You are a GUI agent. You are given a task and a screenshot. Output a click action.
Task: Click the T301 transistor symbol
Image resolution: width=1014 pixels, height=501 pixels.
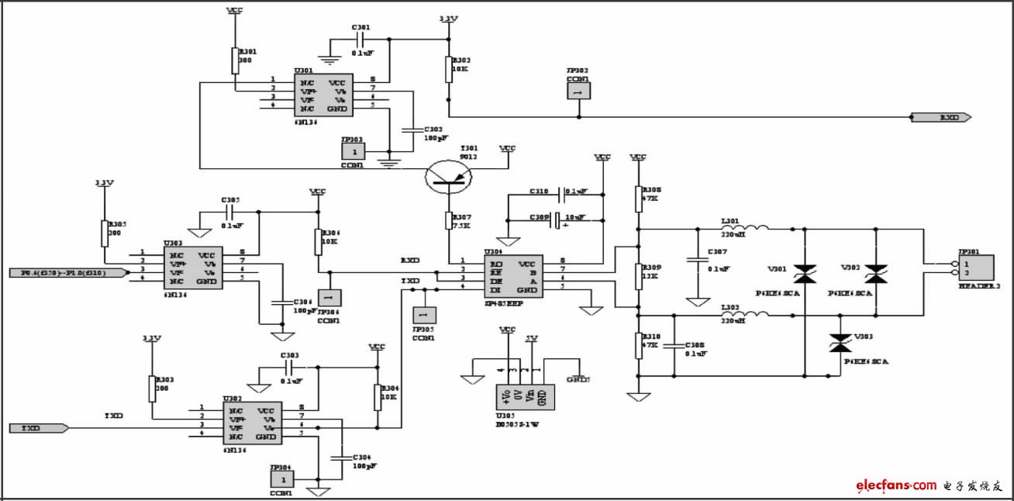point(449,178)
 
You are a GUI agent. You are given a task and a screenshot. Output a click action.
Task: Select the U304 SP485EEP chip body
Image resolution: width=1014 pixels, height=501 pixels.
point(513,276)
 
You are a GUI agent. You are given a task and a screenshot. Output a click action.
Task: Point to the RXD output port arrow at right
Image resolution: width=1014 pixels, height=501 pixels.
point(941,118)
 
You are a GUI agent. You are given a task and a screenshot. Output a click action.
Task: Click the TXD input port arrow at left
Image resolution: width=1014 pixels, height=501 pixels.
point(39,428)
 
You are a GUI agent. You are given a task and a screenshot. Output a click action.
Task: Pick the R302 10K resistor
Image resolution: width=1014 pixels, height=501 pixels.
point(448,69)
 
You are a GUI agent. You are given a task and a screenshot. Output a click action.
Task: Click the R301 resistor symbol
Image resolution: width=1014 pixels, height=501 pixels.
point(235,60)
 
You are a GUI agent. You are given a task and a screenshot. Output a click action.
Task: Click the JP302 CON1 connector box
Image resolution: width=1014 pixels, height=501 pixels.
point(578,90)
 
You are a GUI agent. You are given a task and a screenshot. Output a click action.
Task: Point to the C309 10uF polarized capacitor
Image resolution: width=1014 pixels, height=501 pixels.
point(555,219)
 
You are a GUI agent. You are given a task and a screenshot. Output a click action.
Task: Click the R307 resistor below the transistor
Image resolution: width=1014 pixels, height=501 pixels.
point(449,220)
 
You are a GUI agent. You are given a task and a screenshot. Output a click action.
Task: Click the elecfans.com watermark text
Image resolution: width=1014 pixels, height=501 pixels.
point(896,485)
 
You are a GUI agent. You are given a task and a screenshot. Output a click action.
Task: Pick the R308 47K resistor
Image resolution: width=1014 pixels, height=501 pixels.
point(638,199)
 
